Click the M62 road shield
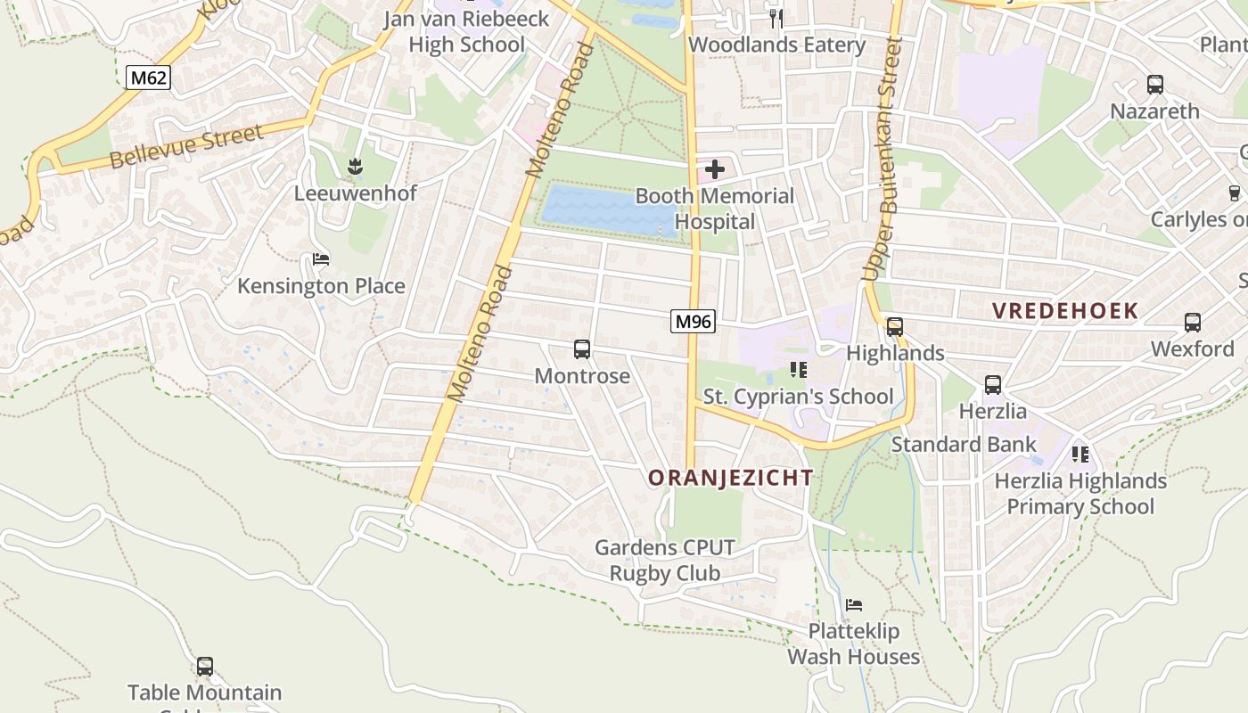[148, 78]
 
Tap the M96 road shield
[693, 321]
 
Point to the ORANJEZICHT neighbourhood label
[730, 478]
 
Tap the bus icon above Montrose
[582, 349]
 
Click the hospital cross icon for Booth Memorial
[714, 168]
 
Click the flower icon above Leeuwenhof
[355, 166]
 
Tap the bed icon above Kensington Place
[321, 259]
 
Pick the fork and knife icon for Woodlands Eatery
[776, 18]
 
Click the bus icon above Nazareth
[1154, 85]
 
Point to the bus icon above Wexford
[1192, 323]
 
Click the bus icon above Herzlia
[992, 385]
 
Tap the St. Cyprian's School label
[798, 397]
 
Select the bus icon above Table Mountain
[204, 666]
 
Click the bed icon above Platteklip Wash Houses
[853, 604]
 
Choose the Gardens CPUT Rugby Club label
[664, 560]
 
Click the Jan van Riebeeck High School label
[466, 31]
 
